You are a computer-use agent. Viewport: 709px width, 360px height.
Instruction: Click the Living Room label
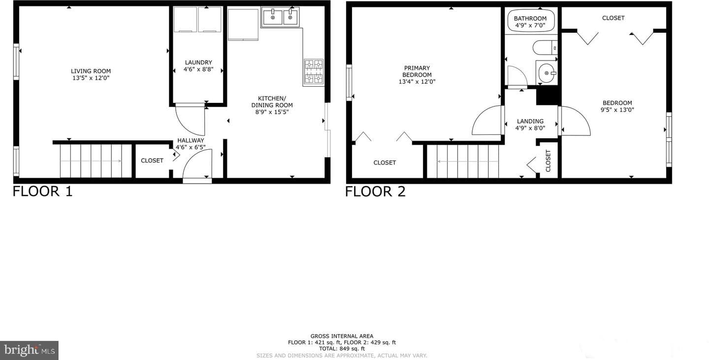coord(91,71)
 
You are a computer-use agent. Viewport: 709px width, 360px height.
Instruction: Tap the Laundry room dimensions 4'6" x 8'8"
coord(198,69)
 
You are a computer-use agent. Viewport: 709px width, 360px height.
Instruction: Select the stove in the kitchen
coord(313,72)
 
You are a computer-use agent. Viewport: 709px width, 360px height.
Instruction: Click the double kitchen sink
coord(280,17)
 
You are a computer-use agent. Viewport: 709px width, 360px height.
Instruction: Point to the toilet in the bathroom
coord(545,48)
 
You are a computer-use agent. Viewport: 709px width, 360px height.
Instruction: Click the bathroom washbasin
coord(547,72)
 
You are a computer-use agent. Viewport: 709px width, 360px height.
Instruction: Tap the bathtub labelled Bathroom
coord(531,21)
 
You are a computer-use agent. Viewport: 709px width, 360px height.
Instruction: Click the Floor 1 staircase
coord(96,161)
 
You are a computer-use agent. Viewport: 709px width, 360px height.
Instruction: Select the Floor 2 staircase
coord(463,161)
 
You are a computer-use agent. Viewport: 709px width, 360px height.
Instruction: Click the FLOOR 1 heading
coord(43,192)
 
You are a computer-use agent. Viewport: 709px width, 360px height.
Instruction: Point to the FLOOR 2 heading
coord(375,192)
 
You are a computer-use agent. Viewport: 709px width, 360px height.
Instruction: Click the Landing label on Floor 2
coord(530,121)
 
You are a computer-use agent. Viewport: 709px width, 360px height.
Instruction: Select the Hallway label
coord(191,140)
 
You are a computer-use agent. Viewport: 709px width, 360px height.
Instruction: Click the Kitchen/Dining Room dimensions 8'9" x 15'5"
coord(272,112)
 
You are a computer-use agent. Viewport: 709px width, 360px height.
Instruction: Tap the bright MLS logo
coord(29,351)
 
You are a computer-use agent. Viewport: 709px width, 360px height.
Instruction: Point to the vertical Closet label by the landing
coord(548,161)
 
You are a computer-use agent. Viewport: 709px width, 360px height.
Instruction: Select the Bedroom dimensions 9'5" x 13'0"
coord(617,110)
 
